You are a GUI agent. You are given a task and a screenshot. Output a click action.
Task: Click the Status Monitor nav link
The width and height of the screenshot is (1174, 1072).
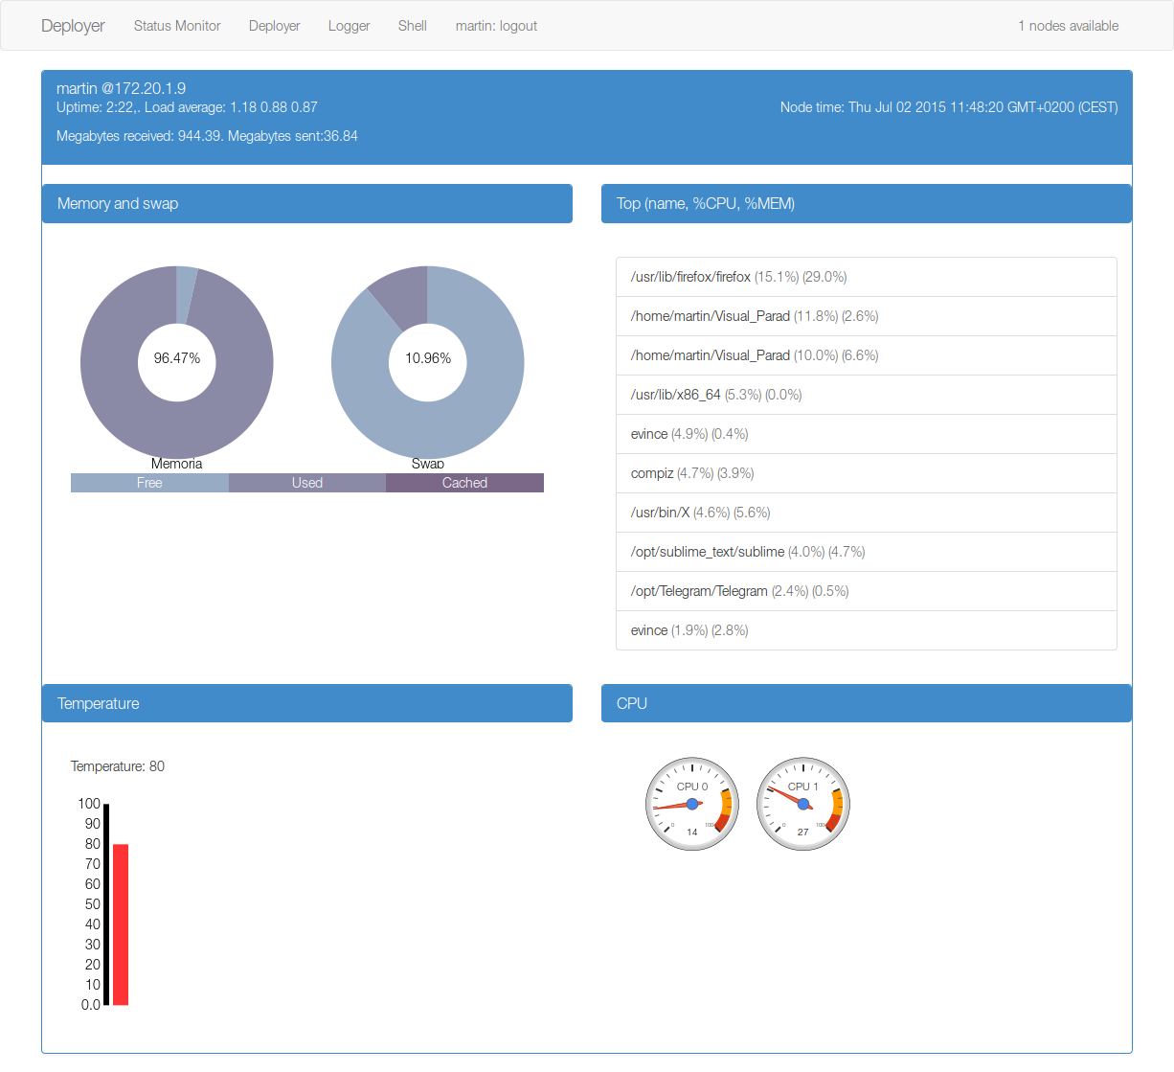(x=177, y=26)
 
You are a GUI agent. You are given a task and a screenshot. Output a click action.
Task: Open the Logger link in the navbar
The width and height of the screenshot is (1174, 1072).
(x=349, y=26)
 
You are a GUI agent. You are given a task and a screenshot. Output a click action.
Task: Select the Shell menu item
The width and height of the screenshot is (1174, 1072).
(x=412, y=26)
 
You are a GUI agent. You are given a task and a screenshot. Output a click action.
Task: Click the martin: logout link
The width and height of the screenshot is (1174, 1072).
(x=496, y=26)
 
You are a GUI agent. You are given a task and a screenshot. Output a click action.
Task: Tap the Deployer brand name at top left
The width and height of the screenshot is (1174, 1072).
(x=73, y=26)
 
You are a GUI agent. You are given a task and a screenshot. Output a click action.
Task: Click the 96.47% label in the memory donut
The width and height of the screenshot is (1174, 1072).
(x=177, y=358)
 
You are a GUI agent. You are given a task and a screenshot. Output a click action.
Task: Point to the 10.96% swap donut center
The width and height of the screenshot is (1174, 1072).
(x=427, y=358)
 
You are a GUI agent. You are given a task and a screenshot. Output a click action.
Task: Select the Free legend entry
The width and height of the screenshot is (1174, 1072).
(x=149, y=483)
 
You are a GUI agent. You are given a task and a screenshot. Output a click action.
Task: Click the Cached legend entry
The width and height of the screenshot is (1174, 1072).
(x=464, y=483)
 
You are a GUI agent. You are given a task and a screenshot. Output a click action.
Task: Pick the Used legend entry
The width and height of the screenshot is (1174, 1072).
(x=307, y=483)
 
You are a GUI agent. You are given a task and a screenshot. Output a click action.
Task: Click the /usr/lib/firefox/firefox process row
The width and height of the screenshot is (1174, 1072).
(x=866, y=277)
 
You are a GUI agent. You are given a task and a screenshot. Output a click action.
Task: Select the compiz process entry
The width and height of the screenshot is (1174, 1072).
(x=866, y=473)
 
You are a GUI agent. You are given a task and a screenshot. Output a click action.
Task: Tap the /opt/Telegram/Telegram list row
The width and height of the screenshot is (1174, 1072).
(x=866, y=591)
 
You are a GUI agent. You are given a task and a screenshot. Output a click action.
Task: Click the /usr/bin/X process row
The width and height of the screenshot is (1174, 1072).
(x=866, y=513)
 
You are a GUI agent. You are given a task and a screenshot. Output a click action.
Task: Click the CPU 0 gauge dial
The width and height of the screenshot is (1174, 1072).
(x=692, y=804)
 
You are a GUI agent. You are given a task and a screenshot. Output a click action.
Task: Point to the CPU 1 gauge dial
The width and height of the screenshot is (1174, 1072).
(x=803, y=804)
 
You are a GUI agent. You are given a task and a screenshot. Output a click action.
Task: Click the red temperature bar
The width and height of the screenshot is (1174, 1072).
(x=121, y=924)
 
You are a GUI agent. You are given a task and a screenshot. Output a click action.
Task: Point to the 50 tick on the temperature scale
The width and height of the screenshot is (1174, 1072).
(x=93, y=904)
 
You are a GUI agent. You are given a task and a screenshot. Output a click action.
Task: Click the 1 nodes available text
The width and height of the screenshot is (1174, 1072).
(x=1068, y=26)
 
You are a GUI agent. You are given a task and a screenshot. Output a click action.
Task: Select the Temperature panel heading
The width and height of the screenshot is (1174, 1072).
(x=306, y=703)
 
